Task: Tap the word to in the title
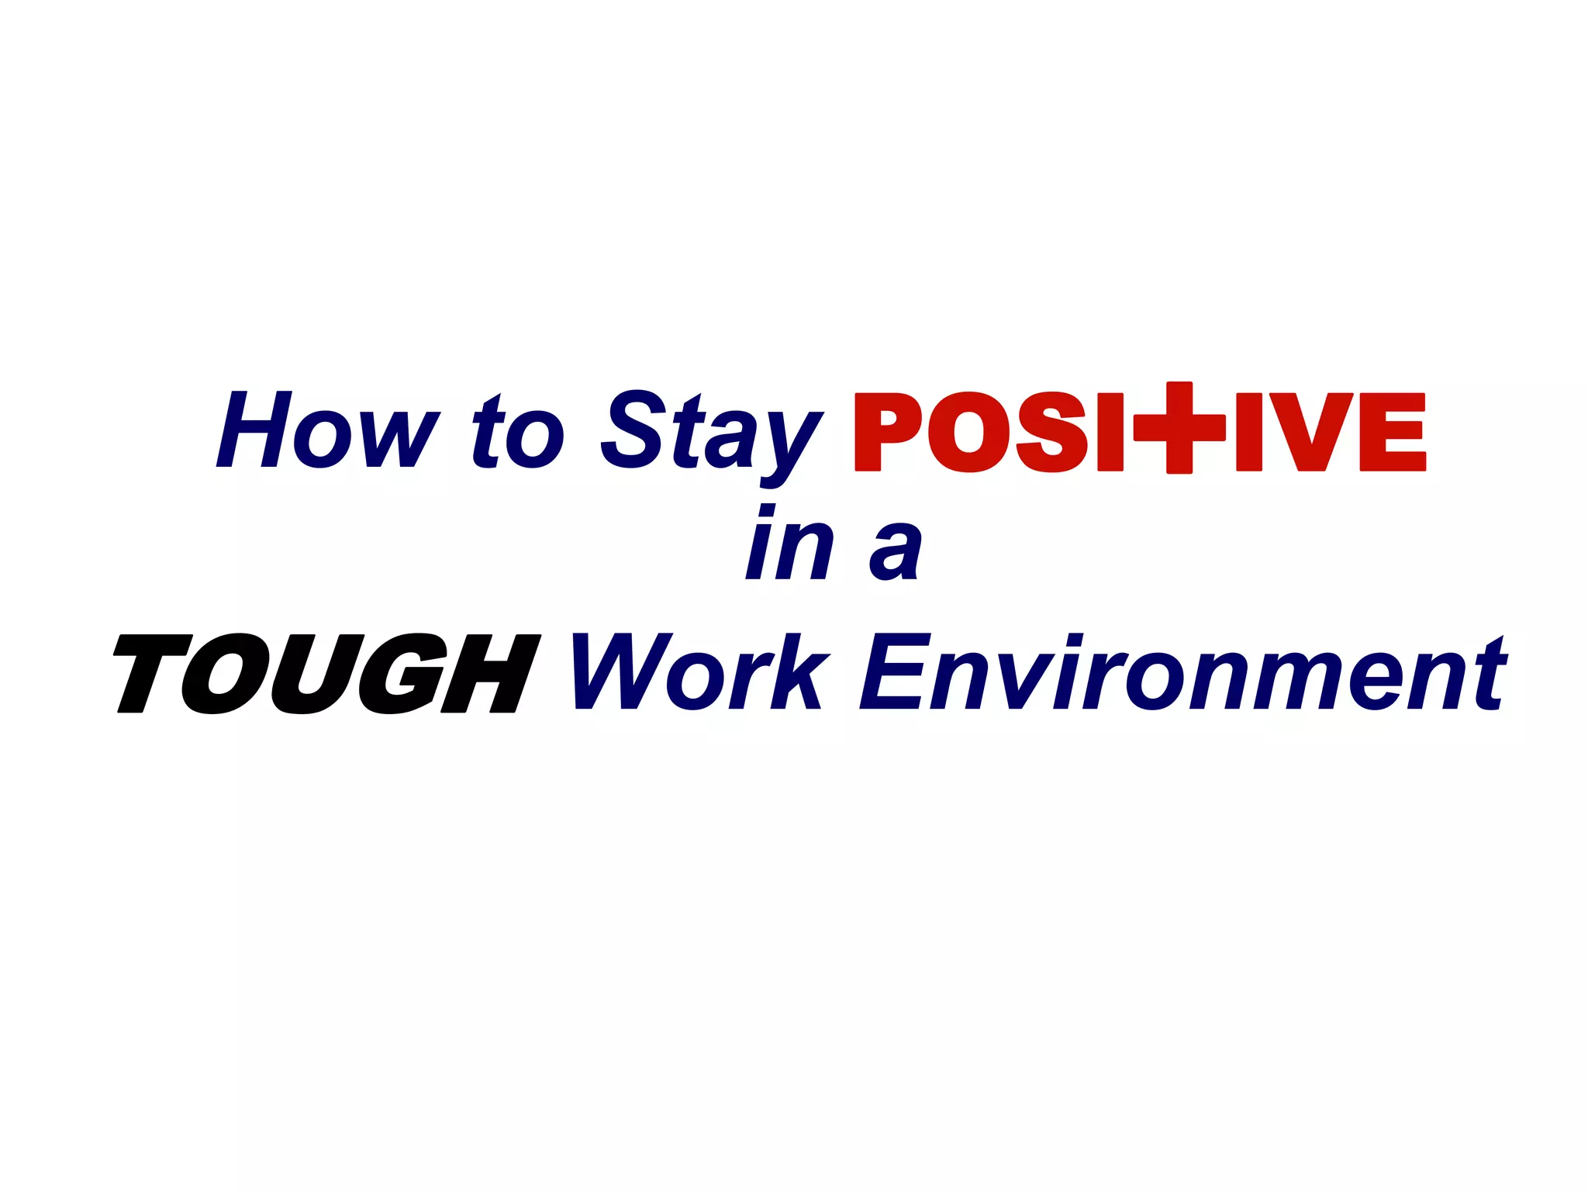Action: [517, 433]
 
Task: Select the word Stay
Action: [709, 434]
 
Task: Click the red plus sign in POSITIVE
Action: [1179, 427]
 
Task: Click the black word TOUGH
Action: [326, 673]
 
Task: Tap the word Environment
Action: [1182, 671]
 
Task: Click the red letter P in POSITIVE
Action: [888, 432]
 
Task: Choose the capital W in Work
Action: [620, 671]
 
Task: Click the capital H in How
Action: [254, 430]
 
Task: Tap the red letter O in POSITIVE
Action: [968, 432]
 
